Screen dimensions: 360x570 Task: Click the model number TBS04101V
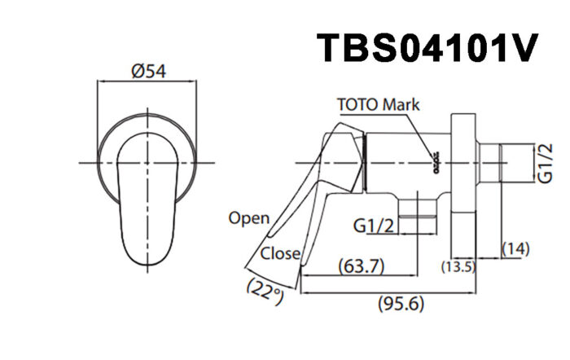tap(427, 48)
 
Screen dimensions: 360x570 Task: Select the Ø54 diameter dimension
tap(147, 71)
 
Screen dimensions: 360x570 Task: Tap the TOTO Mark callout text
tap(379, 105)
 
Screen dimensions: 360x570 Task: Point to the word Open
tap(248, 217)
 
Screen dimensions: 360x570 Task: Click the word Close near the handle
tap(280, 253)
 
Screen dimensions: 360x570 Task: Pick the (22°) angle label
tap(265, 290)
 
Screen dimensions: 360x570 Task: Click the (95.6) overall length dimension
tap(401, 304)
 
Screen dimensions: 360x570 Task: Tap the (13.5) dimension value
tap(458, 266)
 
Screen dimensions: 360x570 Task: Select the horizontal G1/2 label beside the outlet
tap(376, 225)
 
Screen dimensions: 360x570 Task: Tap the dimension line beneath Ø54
tap(147, 81)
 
